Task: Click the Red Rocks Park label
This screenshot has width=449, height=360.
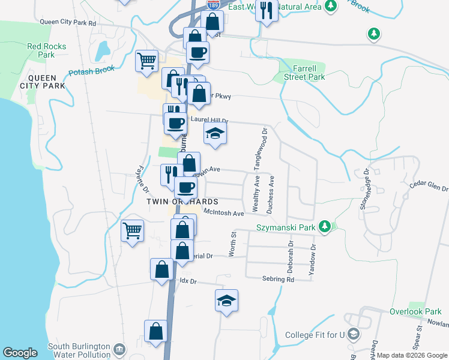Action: tap(41, 50)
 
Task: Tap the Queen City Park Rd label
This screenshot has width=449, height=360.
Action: tap(68, 23)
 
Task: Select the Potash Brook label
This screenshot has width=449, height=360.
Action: tap(91, 71)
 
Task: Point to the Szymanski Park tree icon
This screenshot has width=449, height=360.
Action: tap(325, 226)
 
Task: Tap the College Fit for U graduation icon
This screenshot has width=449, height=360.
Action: tap(354, 334)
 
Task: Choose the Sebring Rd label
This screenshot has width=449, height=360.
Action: tap(278, 279)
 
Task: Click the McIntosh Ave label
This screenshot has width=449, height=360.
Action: tap(224, 213)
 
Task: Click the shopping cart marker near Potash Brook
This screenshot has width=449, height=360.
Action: tap(146, 60)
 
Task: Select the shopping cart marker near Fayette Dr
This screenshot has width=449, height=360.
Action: tap(132, 230)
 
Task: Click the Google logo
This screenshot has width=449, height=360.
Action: tap(20, 353)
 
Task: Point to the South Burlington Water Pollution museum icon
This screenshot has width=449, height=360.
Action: tap(119, 349)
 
